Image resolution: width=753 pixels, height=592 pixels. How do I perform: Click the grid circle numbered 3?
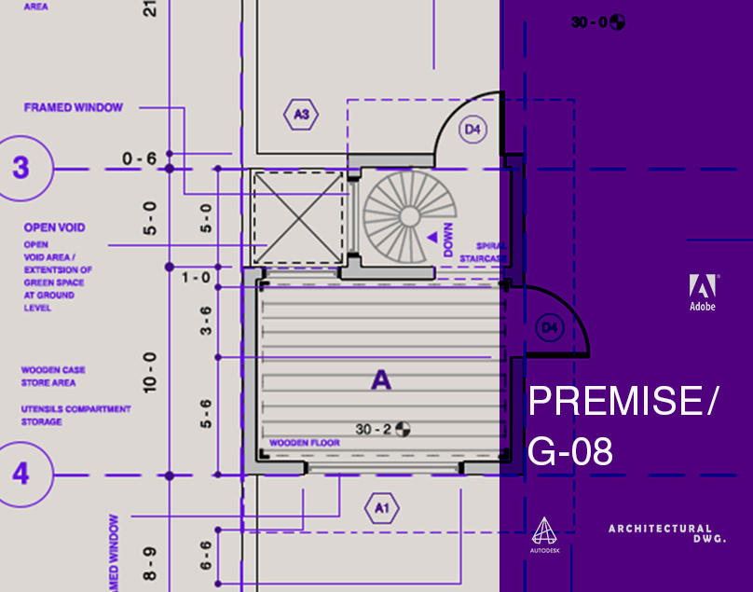pos(21,168)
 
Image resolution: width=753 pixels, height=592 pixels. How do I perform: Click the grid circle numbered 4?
pos(21,474)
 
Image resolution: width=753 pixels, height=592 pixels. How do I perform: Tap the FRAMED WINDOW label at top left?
pos(73,107)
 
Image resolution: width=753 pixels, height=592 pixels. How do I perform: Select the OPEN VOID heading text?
pos(54,227)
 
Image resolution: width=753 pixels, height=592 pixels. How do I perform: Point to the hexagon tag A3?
pos(301,115)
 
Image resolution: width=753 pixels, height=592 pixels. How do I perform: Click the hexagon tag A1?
pos(380,508)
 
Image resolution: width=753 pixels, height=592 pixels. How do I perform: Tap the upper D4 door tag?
pos(473,131)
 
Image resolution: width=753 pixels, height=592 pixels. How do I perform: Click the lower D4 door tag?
pos(550,327)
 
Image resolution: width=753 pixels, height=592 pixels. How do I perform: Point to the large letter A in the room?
pos(380,379)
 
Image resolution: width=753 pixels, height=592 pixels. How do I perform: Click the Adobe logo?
pos(702,293)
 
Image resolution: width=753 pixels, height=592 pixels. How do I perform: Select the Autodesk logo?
pos(543,536)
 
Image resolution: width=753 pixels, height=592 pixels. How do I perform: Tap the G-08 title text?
pos(570,452)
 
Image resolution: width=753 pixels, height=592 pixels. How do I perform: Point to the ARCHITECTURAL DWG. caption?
pos(666,533)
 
